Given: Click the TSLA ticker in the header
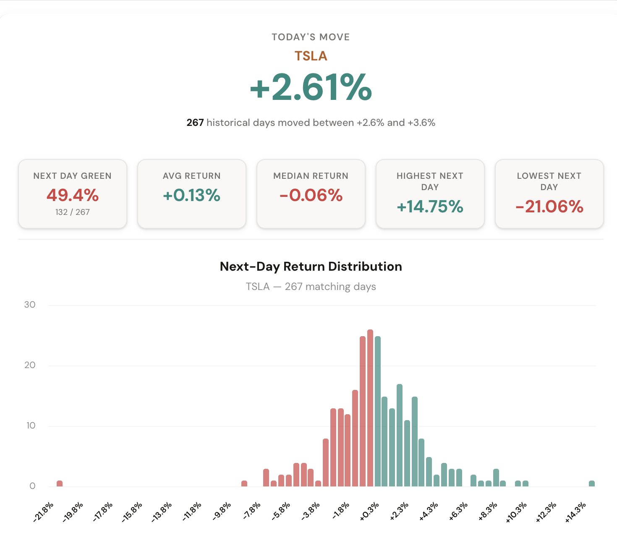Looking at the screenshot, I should [x=311, y=56].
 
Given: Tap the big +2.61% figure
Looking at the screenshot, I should [x=311, y=87].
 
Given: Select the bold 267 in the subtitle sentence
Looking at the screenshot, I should [x=195, y=123].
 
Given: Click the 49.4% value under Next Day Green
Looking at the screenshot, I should [x=73, y=195].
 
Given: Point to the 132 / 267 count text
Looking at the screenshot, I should [x=73, y=212].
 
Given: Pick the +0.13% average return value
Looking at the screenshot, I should [x=191, y=195].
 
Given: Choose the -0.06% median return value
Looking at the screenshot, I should [x=311, y=195].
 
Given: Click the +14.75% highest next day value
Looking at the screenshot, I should [x=430, y=206].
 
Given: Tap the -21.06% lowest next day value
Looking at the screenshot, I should [x=549, y=206].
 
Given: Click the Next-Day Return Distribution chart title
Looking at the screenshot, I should [x=311, y=266].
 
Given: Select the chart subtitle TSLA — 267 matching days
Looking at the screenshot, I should [x=311, y=287].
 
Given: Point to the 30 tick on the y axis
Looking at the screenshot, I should [x=30, y=305].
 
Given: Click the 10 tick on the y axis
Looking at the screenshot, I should [x=31, y=426].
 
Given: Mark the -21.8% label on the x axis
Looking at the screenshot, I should [x=44, y=512].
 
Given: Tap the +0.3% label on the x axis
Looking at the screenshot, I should [x=369, y=512].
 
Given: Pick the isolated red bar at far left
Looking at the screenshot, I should [x=60, y=483].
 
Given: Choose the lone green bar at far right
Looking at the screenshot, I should [x=592, y=483].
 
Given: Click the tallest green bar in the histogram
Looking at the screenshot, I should [x=378, y=411].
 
